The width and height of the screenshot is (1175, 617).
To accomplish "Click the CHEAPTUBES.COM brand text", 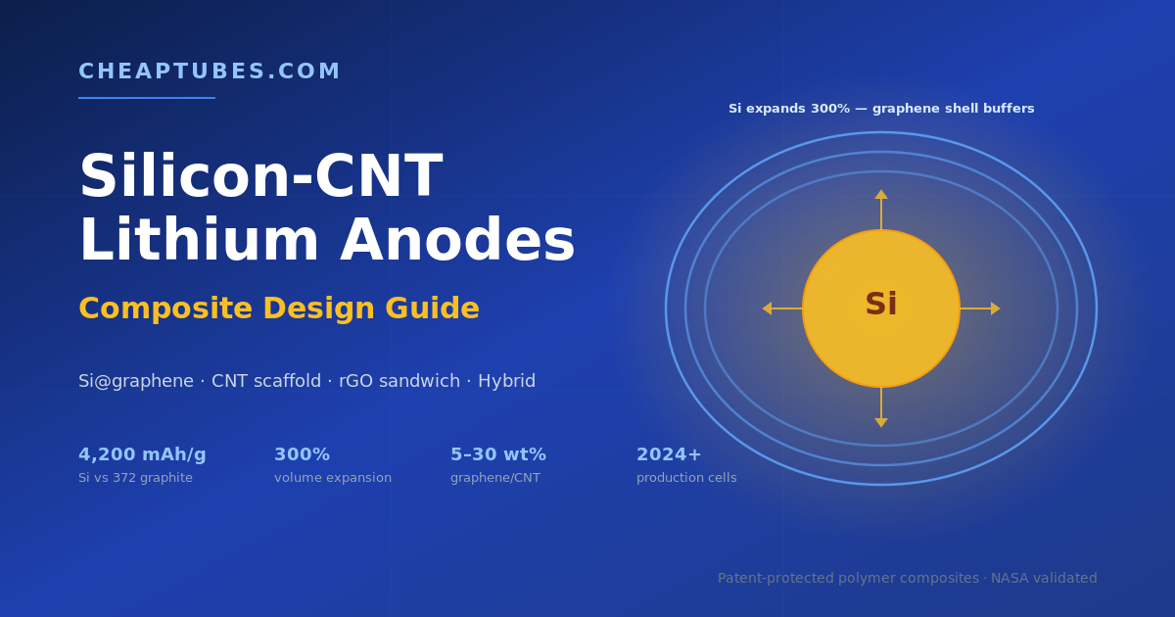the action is [x=210, y=71].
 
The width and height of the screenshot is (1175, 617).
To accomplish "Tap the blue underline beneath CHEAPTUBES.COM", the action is [x=147, y=98].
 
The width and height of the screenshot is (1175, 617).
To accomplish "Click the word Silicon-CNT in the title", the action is [x=260, y=175].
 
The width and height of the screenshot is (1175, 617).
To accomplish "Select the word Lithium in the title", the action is [x=199, y=240].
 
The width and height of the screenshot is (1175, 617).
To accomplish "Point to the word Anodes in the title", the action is [x=457, y=240].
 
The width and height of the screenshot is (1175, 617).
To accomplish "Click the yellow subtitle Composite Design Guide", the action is [x=278, y=308].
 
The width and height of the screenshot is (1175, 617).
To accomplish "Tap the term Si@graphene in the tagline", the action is [x=136, y=381].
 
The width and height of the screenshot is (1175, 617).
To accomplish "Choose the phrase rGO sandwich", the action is [x=399, y=381].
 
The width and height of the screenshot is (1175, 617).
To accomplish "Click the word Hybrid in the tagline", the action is [x=506, y=381].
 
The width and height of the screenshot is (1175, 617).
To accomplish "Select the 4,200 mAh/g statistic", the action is [x=142, y=454].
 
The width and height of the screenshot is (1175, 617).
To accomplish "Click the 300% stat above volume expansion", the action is [x=303, y=454].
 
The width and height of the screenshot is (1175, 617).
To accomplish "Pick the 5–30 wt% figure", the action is [x=498, y=454].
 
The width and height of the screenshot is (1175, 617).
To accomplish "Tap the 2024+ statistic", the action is [x=669, y=454].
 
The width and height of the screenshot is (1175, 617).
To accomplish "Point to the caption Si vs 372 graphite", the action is [x=135, y=478].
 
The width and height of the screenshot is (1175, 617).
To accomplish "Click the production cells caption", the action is [x=686, y=478].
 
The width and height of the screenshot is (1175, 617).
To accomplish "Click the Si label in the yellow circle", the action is [x=881, y=304].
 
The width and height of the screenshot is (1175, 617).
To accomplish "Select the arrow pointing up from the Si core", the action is [x=881, y=210].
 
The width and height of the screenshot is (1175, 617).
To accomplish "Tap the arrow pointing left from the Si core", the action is [x=782, y=308].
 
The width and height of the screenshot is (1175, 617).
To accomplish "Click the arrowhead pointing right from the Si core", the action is [x=996, y=308].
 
